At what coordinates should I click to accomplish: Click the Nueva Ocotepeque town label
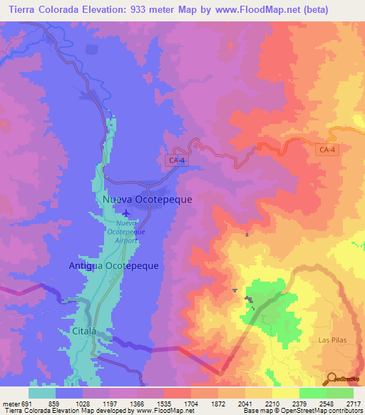(147, 200)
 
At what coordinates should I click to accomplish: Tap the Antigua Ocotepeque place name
(113, 265)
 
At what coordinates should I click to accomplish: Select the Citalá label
(84, 331)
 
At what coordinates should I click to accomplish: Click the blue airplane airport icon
(127, 212)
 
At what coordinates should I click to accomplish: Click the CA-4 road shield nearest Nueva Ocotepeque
(177, 161)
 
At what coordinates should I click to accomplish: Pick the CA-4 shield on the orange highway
(327, 148)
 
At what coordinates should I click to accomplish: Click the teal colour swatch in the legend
(42, 393)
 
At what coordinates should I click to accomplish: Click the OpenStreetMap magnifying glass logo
(331, 379)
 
